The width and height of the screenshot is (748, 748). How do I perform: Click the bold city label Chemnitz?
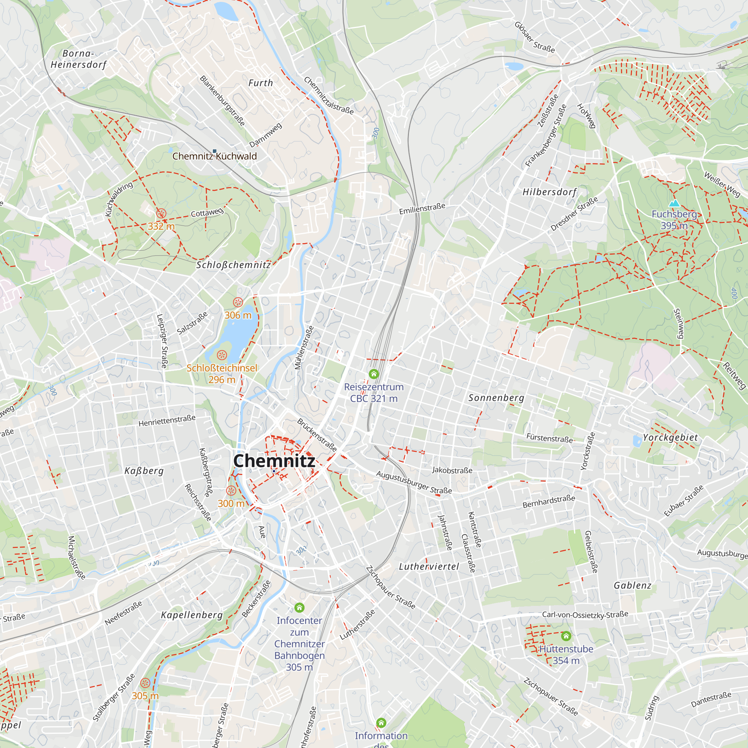click(x=274, y=461)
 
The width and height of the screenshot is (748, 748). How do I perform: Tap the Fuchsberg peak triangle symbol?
click(x=674, y=203)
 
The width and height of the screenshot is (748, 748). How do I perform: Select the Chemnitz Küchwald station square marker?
click(x=214, y=151)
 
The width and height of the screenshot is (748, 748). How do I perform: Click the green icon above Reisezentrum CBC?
click(x=374, y=374)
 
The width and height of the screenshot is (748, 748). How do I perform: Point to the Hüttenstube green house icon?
click(x=566, y=636)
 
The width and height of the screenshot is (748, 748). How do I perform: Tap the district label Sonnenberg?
click(x=496, y=398)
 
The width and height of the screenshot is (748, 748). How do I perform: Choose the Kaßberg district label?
click(x=144, y=471)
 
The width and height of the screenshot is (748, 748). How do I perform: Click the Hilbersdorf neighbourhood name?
click(x=549, y=192)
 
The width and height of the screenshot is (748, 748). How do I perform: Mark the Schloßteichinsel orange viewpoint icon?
click(x=222, y=355)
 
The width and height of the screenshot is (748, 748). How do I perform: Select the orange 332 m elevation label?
click(x=161, y=226)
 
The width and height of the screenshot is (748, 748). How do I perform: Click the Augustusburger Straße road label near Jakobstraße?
click(x=414, y=482)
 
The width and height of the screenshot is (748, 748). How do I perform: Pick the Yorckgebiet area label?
click(x=670, y=438)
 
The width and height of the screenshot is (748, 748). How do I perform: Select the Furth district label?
click(x=261, y=83)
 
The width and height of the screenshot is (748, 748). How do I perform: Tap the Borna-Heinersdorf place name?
click(x=79, y=59)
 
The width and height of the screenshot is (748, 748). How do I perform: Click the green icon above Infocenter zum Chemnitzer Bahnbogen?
click(x=299, y=607)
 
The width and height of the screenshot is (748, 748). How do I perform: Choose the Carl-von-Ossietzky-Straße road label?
click(x=585, y=614)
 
